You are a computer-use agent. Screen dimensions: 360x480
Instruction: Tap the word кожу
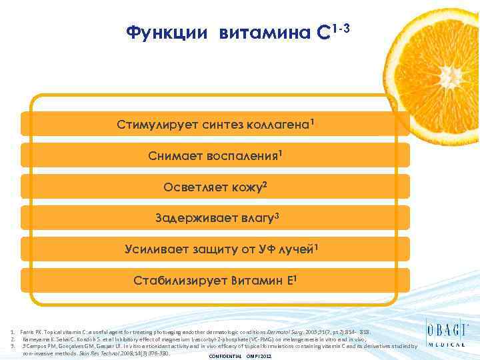click(x=246, y=187)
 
